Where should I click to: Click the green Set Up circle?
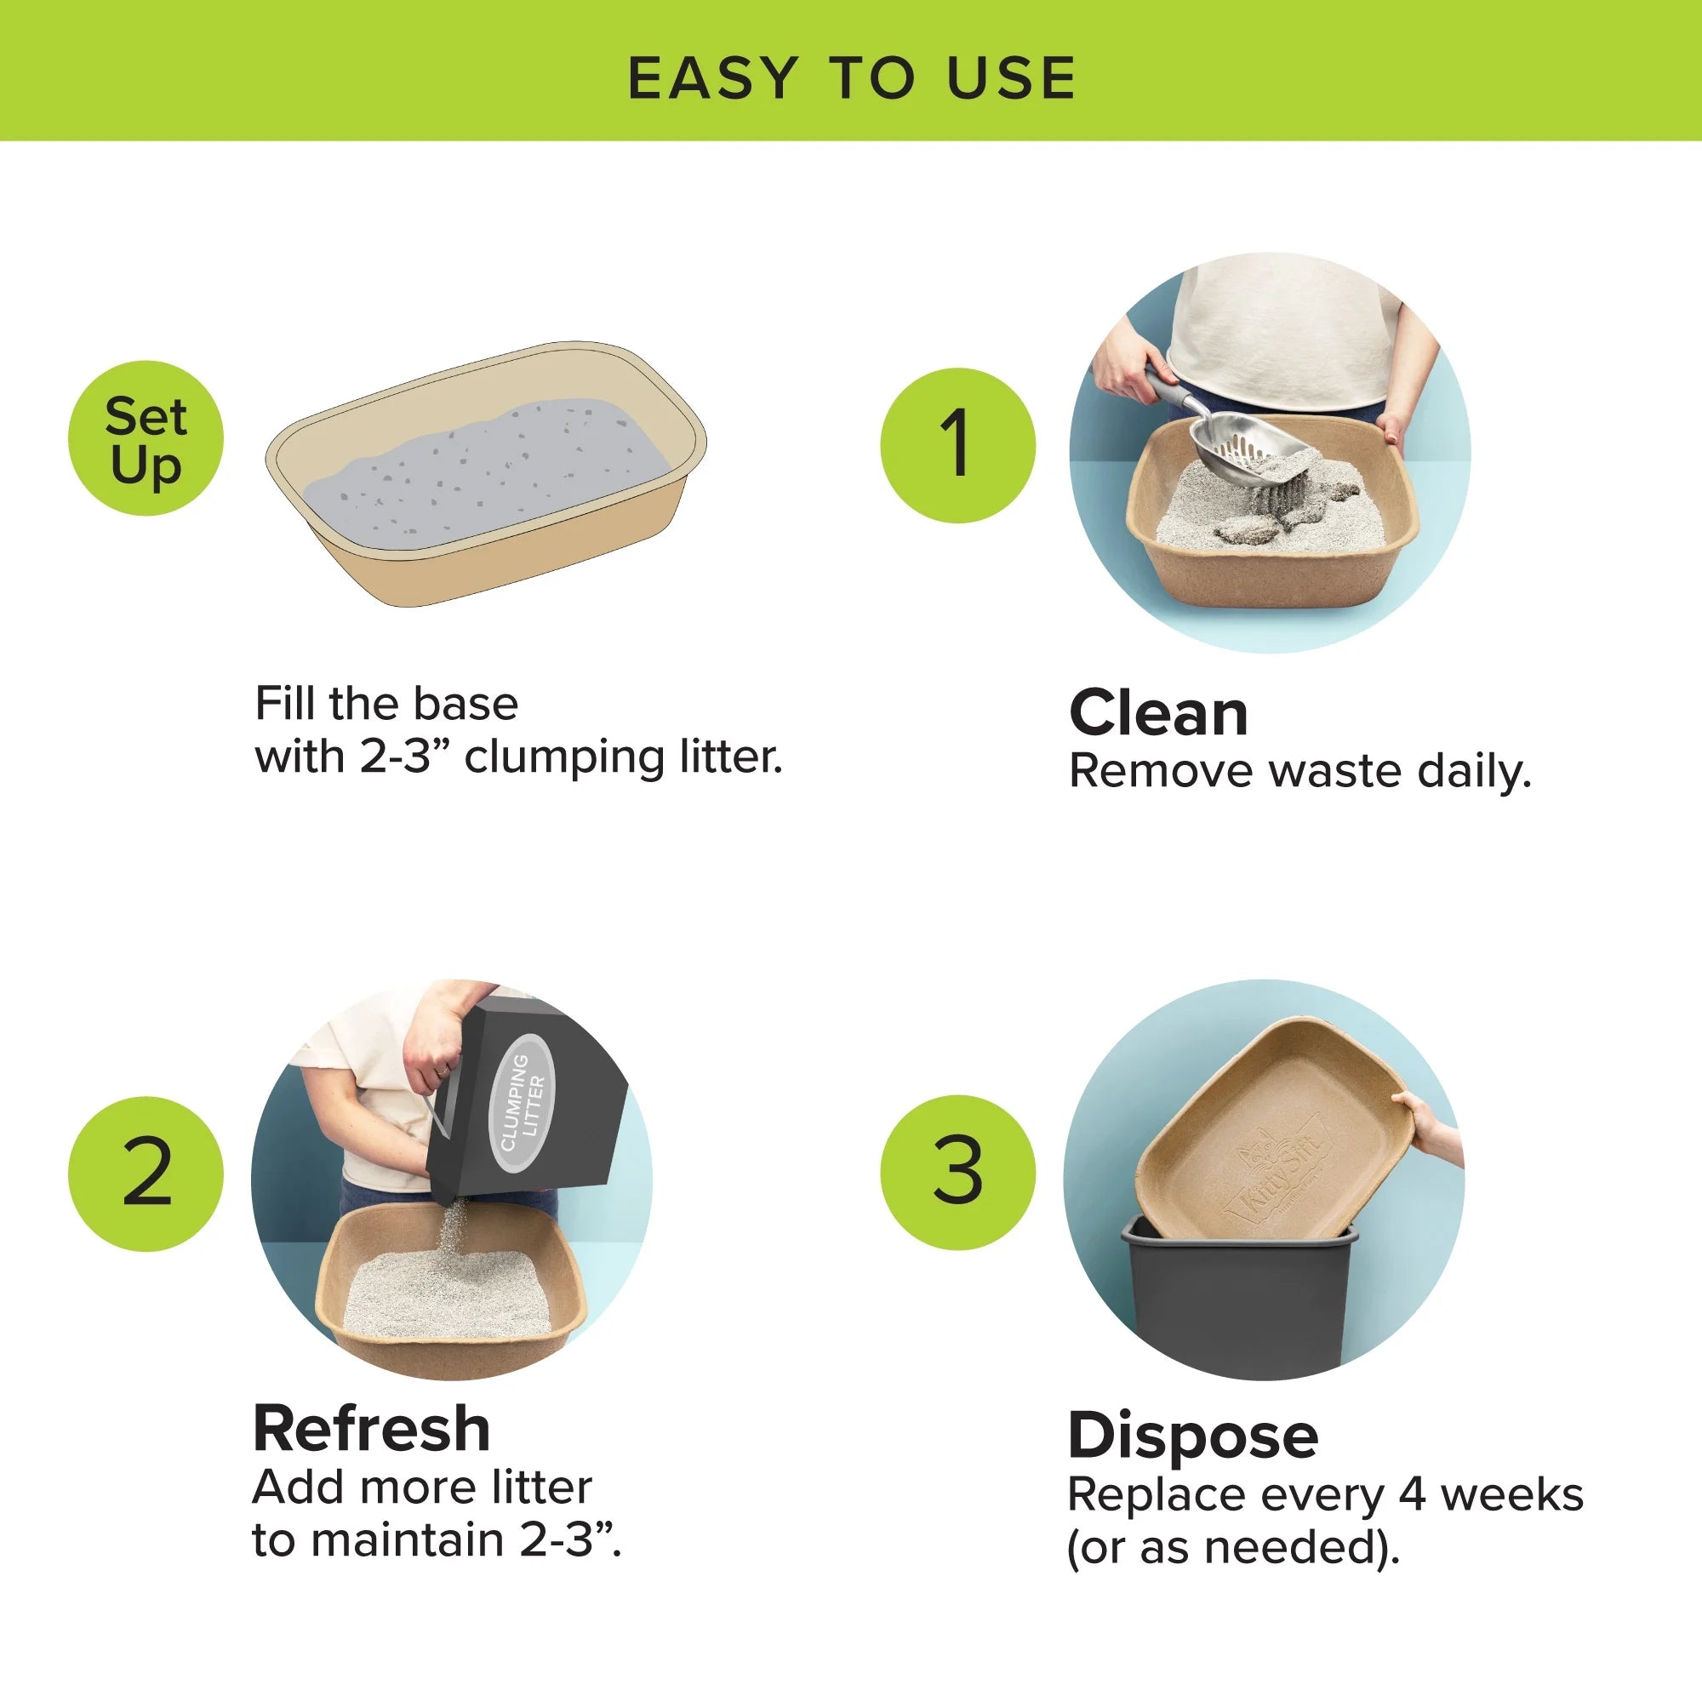coord(146,437)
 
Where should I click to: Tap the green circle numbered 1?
coord(957,445)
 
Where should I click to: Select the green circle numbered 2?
coord(146,1174)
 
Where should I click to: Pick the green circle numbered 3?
coord(957,1172)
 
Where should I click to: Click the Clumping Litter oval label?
coord(523,1102)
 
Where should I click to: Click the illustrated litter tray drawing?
coord(486,474)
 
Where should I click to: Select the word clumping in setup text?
coord(564,757)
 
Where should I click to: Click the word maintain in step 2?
coord(407,1540)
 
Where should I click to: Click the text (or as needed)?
coord(1232,1547)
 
